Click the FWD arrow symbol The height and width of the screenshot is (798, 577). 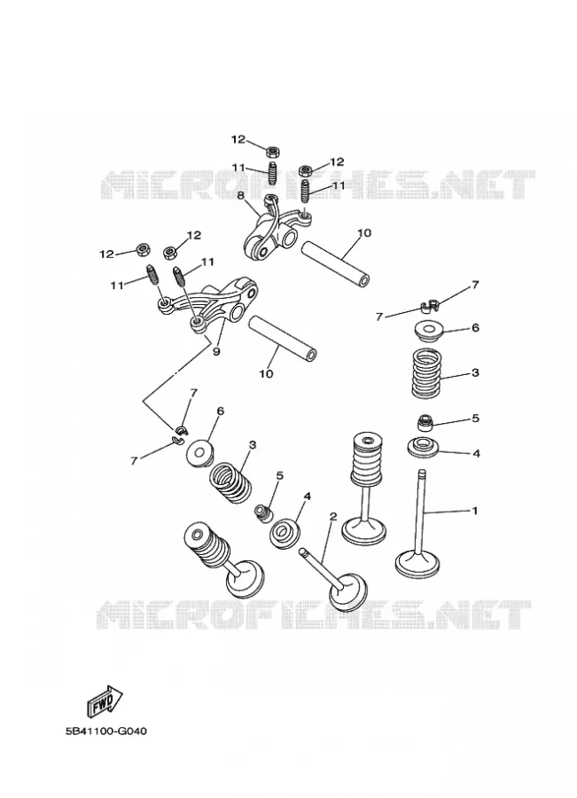(x=104, y=700)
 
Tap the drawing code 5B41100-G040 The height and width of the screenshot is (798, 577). (x=106, y=731)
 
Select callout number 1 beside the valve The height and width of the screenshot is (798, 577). (x=475, y=510)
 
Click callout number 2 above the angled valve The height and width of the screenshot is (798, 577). (x=333, y=517)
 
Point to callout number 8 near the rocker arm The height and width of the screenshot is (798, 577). (x=241, y=194)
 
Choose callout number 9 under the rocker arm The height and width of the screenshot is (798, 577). (x=216, y=351)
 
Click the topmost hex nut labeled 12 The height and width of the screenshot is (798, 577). (x=273, y=151)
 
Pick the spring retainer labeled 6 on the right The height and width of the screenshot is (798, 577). (x=426, y=332)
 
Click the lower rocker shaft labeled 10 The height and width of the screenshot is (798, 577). (x=282, y=339)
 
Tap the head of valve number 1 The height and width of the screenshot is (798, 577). (x=417, y=565)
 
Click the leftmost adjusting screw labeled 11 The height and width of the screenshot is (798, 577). (x=153, y=277)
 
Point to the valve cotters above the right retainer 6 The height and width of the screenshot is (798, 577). (x=430, y=306)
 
